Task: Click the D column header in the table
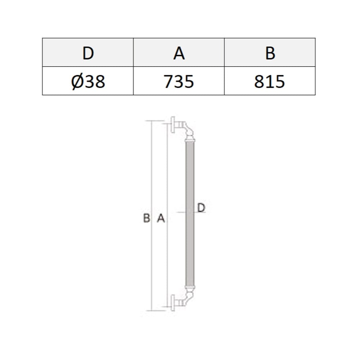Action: tap(88, 53)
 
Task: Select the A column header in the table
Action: tap(179, 53)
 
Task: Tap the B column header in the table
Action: tap(270, 53)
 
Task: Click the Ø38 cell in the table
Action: tap(88, 81)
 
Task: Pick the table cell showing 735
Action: tap(179, 81)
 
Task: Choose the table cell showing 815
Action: tap(270, 81)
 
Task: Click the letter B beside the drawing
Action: tap(147, 218)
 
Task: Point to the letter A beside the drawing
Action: tap(161, 218)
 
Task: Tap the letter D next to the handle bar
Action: tap(201, 208)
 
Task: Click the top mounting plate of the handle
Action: tap(173, 125)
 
